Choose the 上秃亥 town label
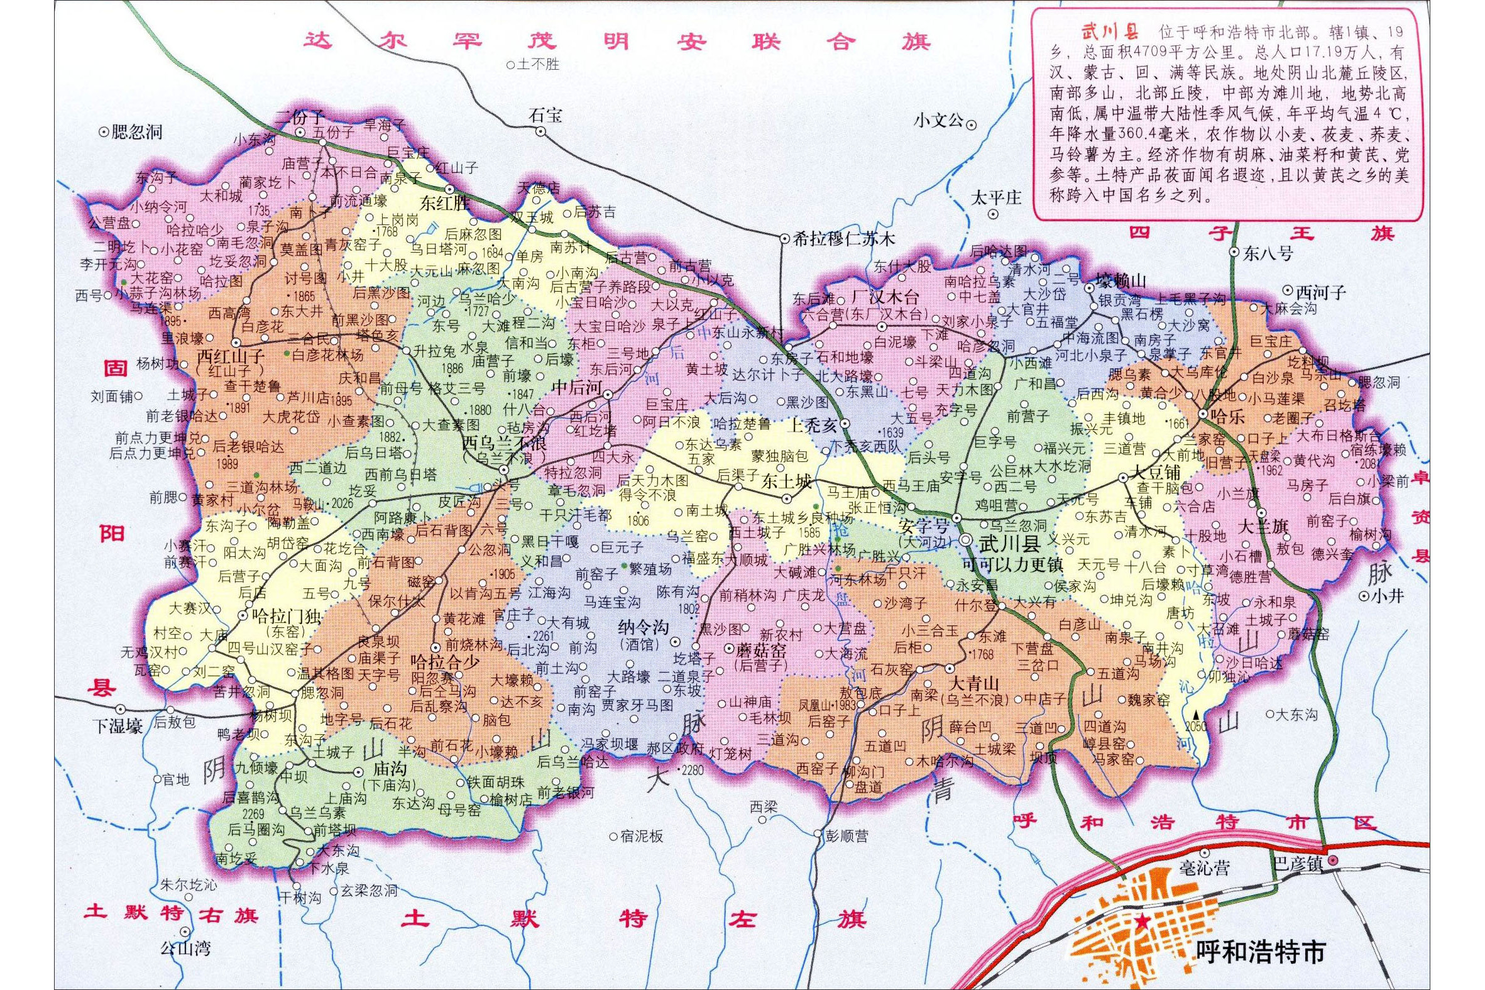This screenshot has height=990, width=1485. (x=814, y=425)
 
